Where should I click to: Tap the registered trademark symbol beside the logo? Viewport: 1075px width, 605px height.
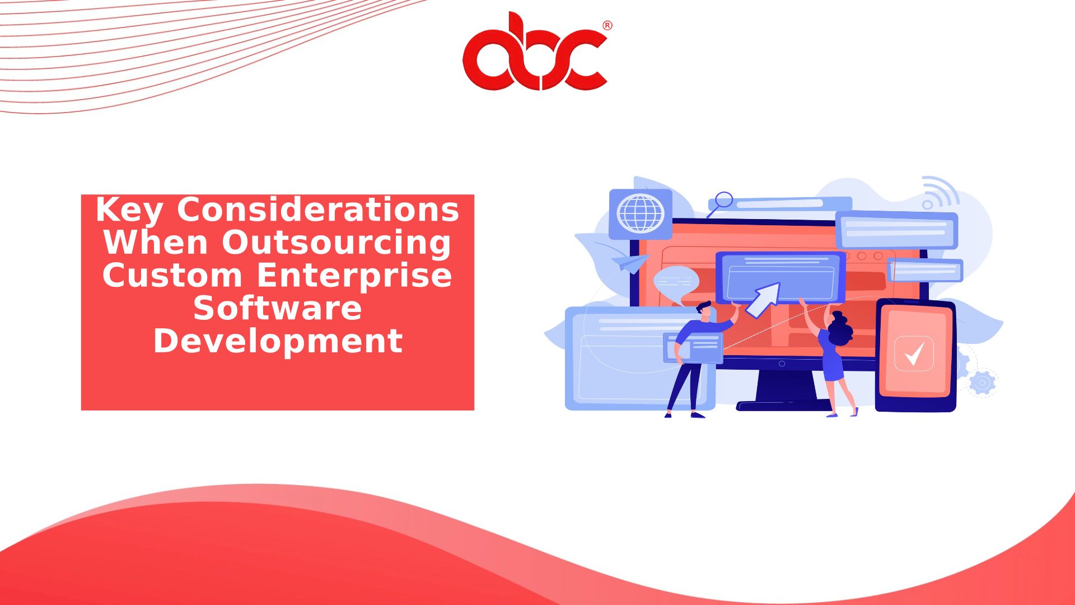tap(607, 26)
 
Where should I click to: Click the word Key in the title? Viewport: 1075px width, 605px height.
tap(129, 211)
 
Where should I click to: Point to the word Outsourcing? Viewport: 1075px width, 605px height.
tap(336, 243)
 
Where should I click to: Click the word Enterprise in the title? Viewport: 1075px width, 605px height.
tap(354, 276)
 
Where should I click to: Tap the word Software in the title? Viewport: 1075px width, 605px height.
tap(278, 308)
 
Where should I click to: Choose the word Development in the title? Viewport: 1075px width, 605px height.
tap(278, 341)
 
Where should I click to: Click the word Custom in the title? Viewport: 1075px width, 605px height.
tap(172, 276)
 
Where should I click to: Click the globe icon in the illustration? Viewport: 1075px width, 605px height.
tap(641, 213)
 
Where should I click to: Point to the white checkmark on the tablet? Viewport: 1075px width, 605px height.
tap(914, 353)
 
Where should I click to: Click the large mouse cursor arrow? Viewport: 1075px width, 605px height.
tap(763, 300)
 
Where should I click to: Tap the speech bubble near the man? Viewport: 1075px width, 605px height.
tap(676, 282)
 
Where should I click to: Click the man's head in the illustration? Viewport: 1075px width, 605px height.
tap(704, 311)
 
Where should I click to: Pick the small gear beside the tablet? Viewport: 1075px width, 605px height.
tap(982, 383)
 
